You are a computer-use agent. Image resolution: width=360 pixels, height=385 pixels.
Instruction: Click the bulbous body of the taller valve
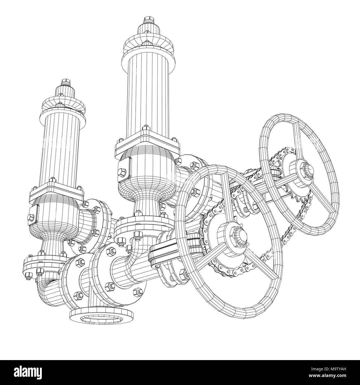146,172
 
